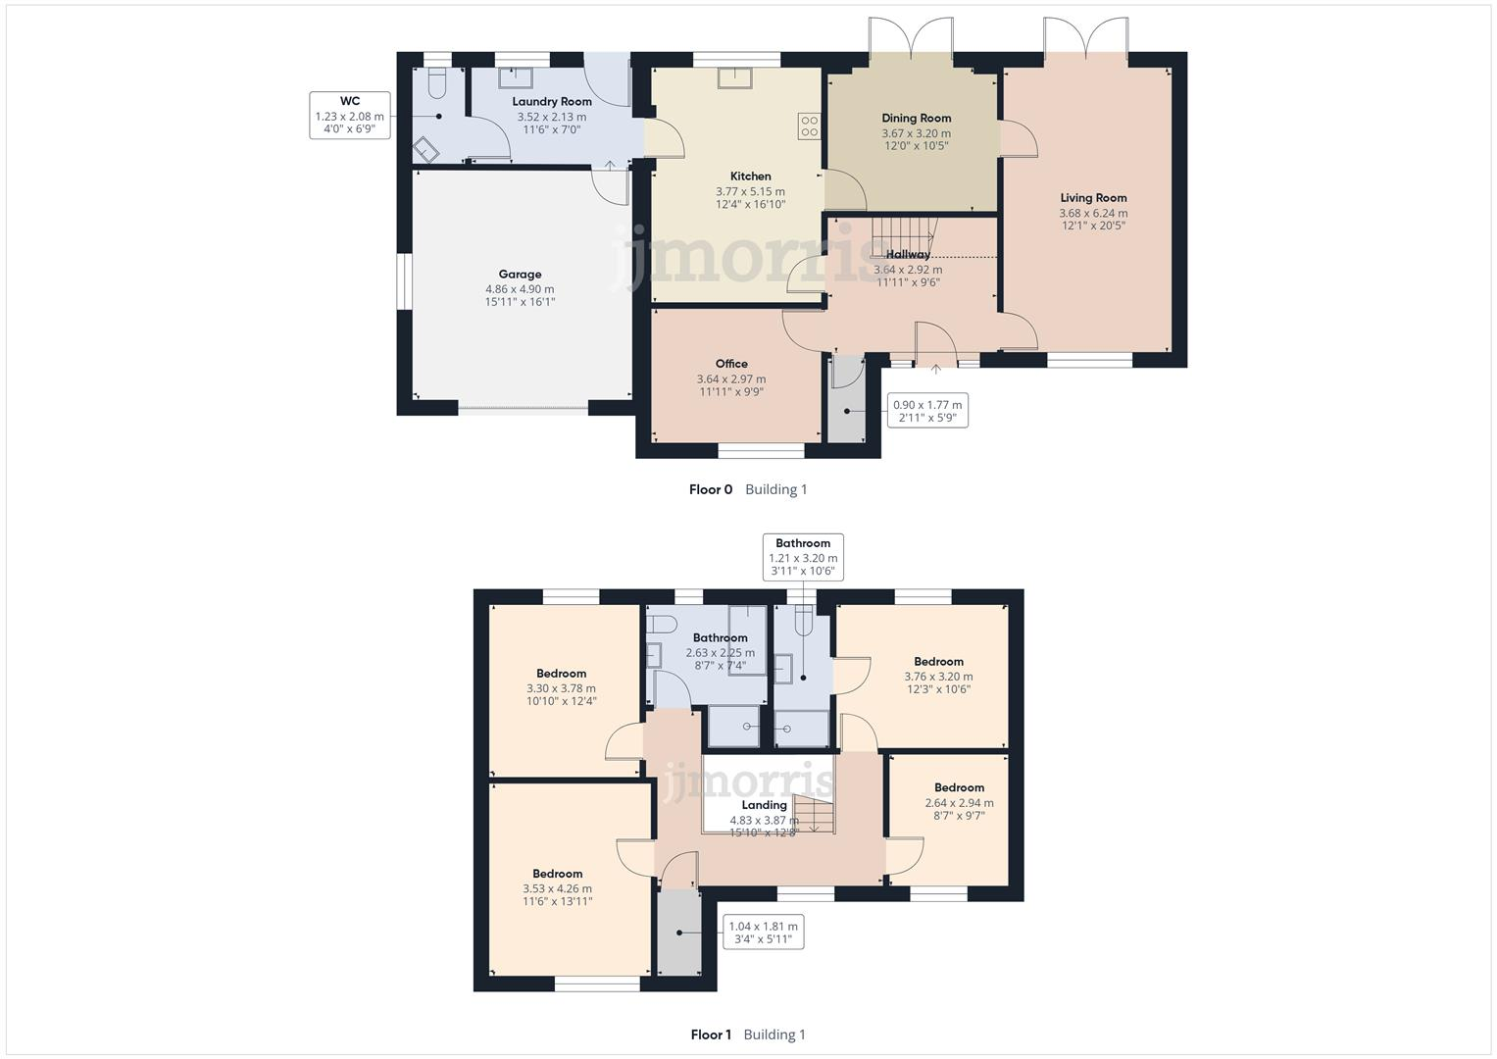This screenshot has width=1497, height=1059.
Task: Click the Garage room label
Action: pyautogui.click(x=520, y=275)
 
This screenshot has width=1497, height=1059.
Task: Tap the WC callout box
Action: pyautogui.click(x=350, y=115)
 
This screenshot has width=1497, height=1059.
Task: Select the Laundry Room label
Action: pyautogui.click(x=552, y=102)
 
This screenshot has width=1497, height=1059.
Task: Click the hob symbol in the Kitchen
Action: pyautogui.click(x=809, y=126)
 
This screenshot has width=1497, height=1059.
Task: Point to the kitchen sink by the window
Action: pyautogui.click(x=734, y=78)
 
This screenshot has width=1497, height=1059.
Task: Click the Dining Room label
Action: pyautogui.click(x=917, y=119)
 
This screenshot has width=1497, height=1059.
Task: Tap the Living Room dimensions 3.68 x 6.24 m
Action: pyautogui.click(x=1093, y=213)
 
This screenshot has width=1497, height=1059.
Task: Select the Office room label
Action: pyautogui.click(x=731, y=364)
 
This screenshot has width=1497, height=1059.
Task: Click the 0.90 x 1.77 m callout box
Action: pyautogui.click(x=926, y=411)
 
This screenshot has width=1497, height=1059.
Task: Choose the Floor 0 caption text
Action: pyautogui.click(x=711, y=489)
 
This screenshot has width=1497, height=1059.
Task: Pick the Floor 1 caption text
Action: pyautogui.click(x=711, y=1034)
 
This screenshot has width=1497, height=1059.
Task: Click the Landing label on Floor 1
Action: pyautogui.click(x=764, y=805)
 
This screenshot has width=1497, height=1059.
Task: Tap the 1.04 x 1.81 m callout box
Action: pyautogui.click(x=763, y=933)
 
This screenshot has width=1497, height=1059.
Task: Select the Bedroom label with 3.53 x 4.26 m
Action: pyautogui.click(x=557, y=874)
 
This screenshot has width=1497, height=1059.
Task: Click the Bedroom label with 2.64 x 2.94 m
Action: pyautogui.click(x=959, y=787)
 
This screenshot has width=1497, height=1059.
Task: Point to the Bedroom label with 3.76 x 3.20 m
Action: pyautogui.click(x=938, y=662)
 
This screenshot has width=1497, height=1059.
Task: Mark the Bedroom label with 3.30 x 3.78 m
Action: pyautogui.click(x=561, y=674)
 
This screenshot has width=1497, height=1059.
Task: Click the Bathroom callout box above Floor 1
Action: pyautogui.click(x=803, y=557)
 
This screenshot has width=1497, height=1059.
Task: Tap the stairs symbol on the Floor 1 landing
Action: pyautogui.click(x=813, y=814)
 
